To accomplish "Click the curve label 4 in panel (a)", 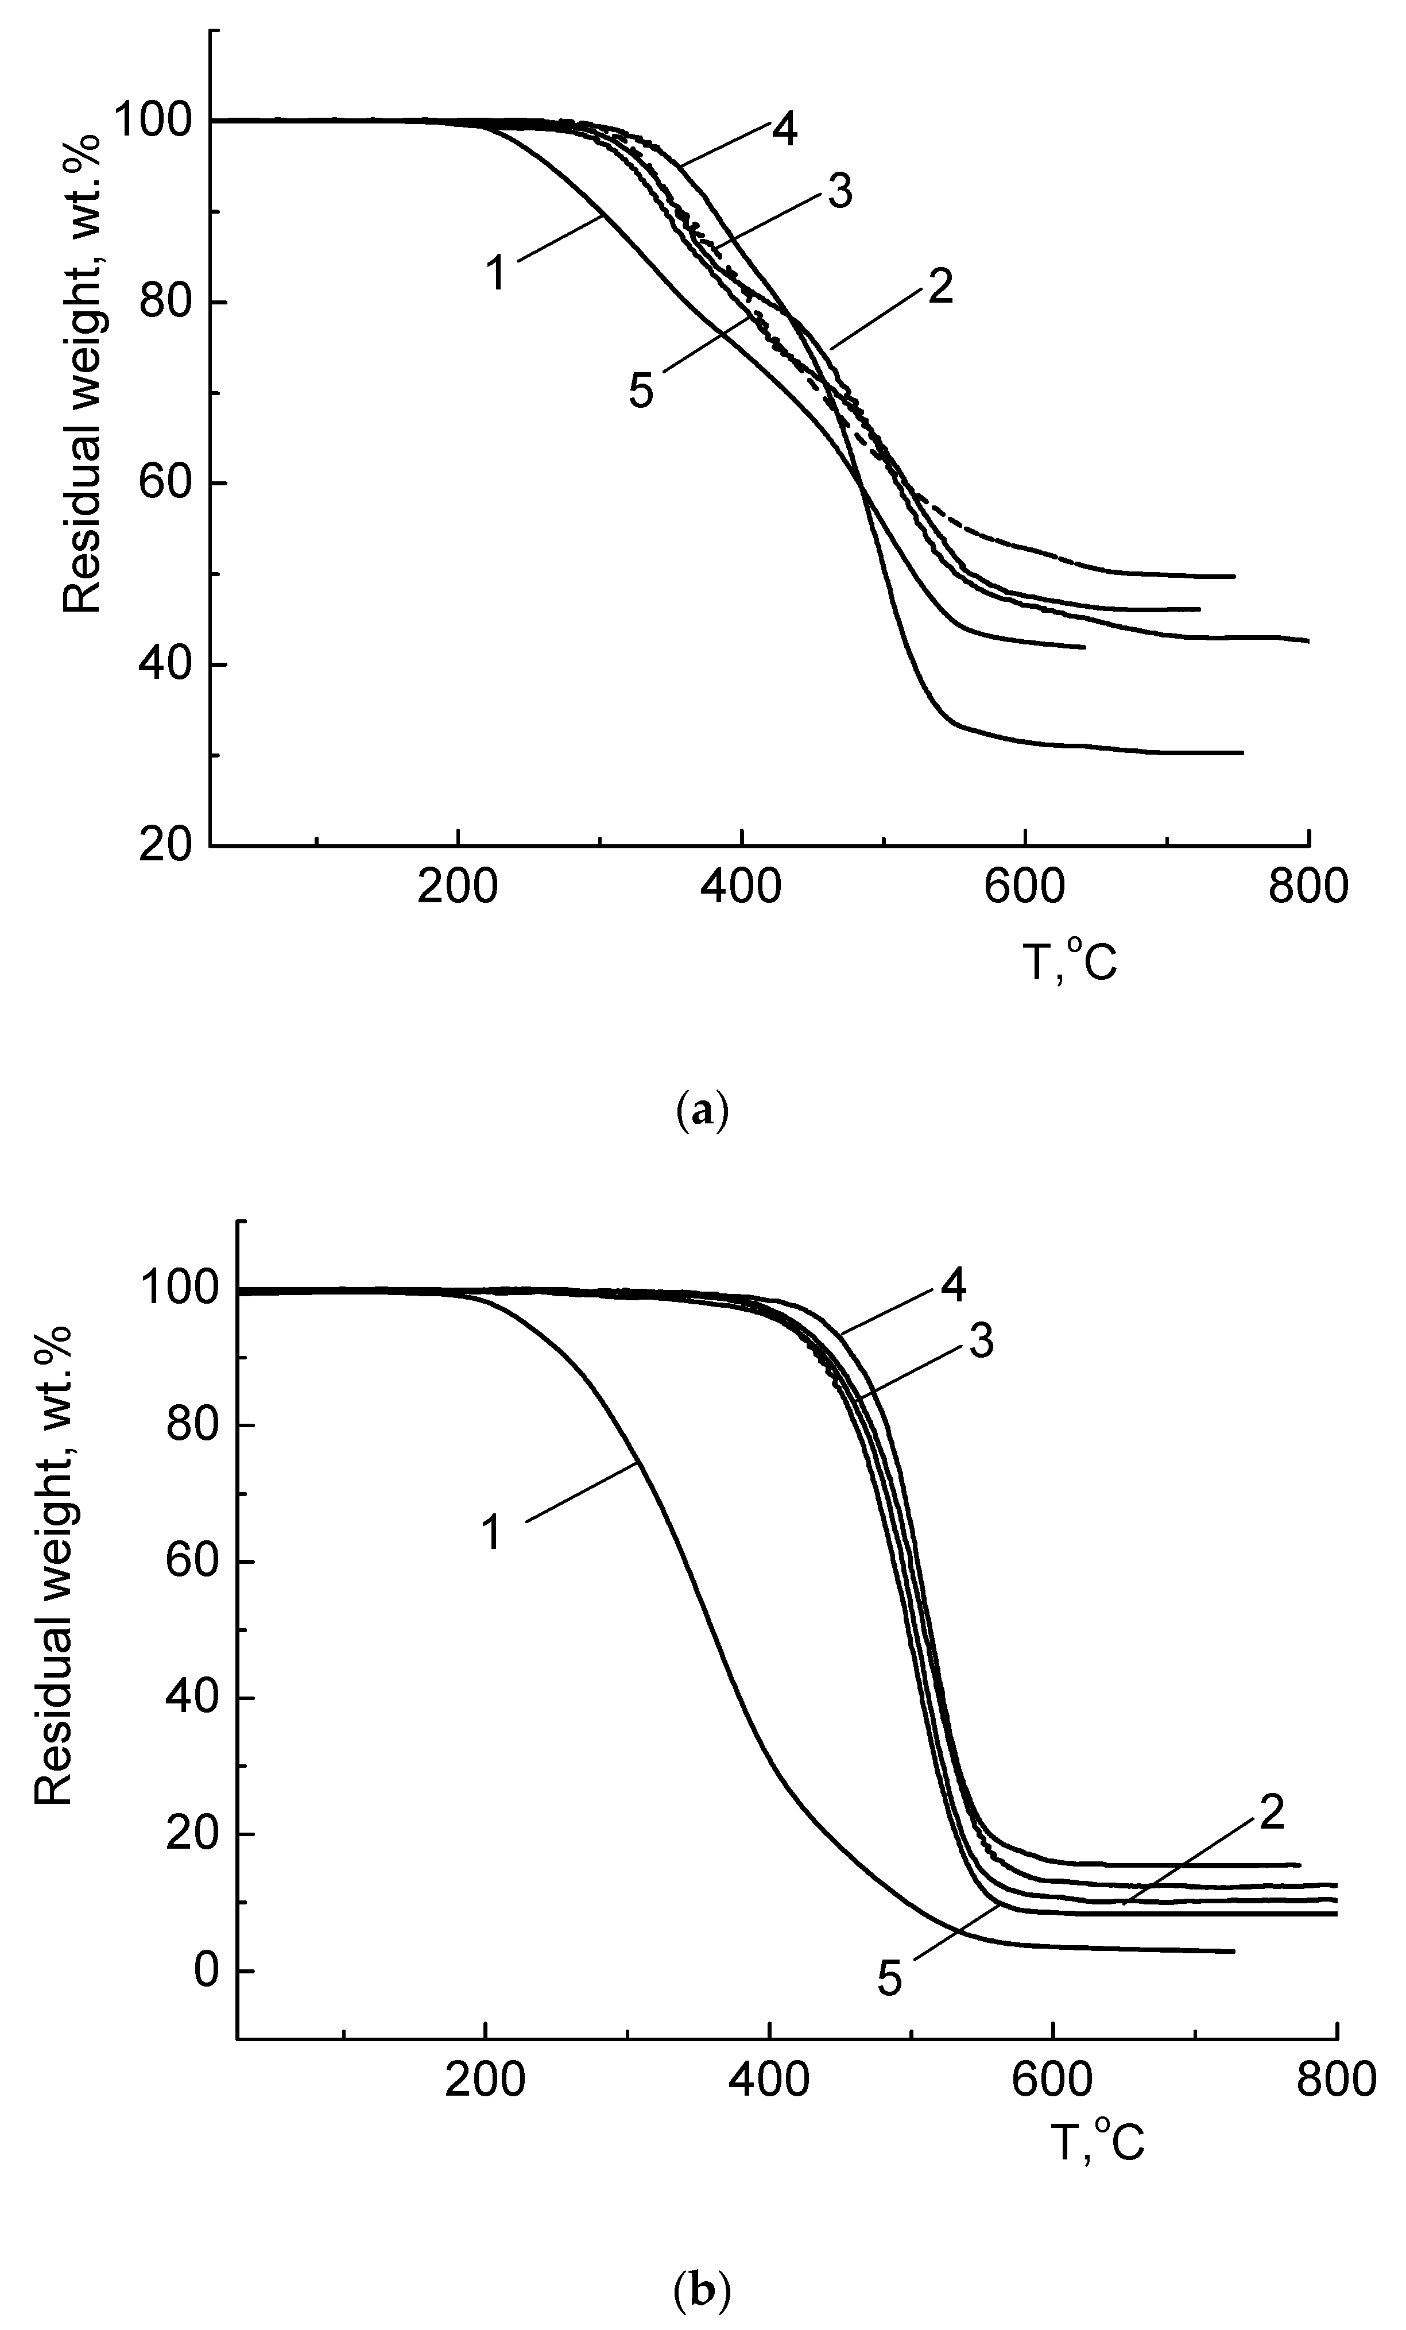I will tap(783, 132).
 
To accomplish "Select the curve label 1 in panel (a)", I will tap(495, 273).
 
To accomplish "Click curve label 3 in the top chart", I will tap(839, 193).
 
